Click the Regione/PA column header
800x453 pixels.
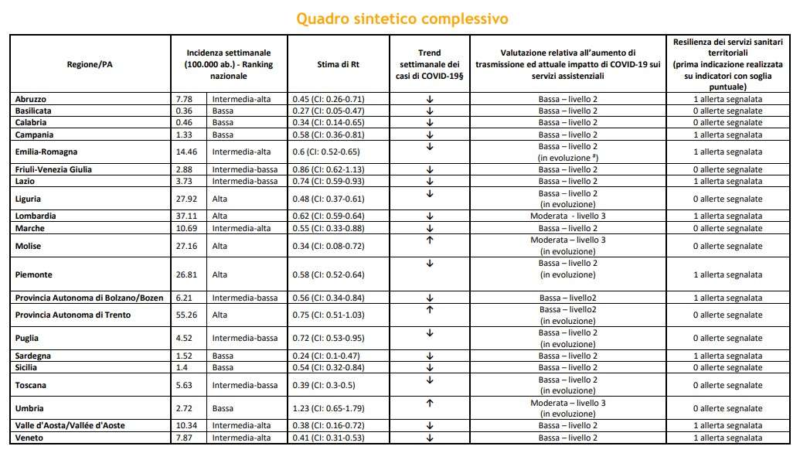click(x=90, y=65)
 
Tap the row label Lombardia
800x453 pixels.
click(x=36, y=216)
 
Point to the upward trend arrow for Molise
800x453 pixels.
click(x=430, y=240)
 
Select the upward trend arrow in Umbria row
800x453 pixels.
click(x=430, y=403)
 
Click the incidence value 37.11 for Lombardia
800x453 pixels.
click(x=186, y=216)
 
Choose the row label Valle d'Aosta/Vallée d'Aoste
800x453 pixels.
click(x=70, y=426)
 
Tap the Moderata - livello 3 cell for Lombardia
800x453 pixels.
click(x=568, y=216)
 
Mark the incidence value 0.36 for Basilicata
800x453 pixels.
click(x=184, y=111)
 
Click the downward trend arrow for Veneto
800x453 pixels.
click(x=430, y=438)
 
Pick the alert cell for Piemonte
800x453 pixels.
click(x=727, y=274)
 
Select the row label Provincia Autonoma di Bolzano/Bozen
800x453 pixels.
click(x=90, y=298)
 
